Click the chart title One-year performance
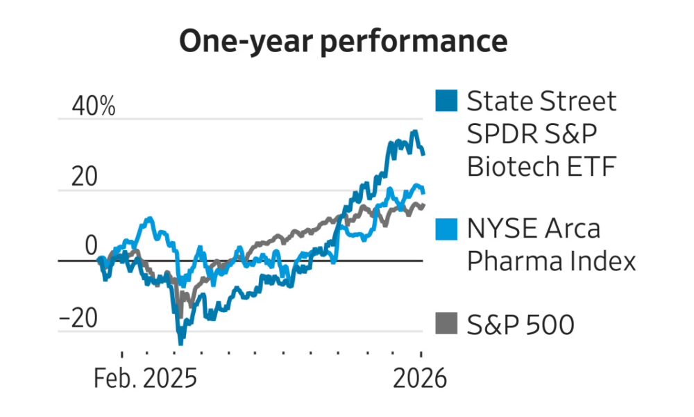[x=344, y=42]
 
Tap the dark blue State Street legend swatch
[x=448, y=101]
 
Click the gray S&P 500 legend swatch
[x=448, y=323]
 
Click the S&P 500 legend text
[x=520, y=324]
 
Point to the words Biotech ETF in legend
[x=541, y=167]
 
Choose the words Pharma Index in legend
[x=551, y=261]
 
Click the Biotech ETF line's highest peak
[x=415, y=131]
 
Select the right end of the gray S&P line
[x=423, y=204]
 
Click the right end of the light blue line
[x=423, y=193]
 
